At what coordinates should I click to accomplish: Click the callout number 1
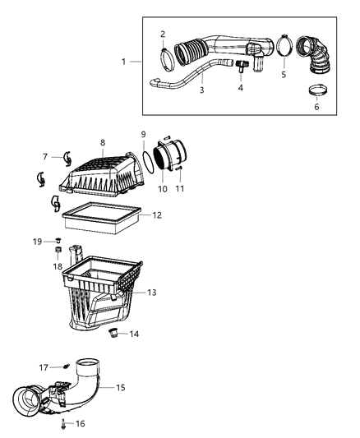tap(124, 62)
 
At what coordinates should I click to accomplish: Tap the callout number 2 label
tap(163, 35)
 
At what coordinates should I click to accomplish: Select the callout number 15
tap(120, 386)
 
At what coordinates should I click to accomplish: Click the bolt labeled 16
tap(62, 426)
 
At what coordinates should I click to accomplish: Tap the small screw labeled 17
tap(67, 367)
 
